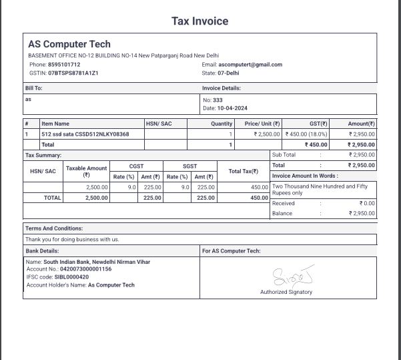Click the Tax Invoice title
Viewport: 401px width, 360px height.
(200, 21)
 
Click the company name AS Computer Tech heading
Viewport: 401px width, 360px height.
(69, 45)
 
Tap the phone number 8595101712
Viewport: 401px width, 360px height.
(64, 64)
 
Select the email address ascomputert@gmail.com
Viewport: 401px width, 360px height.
(251, 64)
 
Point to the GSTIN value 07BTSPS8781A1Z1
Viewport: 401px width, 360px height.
(73, 72)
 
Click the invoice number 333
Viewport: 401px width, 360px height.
(218, 100)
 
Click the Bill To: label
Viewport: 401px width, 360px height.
(34, 87)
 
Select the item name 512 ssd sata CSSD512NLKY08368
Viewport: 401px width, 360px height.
(85, 134)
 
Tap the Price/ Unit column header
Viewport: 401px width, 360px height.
(262, 124)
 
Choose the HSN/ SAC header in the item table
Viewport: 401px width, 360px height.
(159, 124)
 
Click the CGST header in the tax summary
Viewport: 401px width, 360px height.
(136, 166)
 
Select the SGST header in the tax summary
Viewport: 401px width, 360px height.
(190, 166)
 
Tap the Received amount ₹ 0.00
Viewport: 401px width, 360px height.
(367, 203)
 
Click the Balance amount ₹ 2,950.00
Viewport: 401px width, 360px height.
(362, 213)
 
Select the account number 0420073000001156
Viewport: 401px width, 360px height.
(81, 269)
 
